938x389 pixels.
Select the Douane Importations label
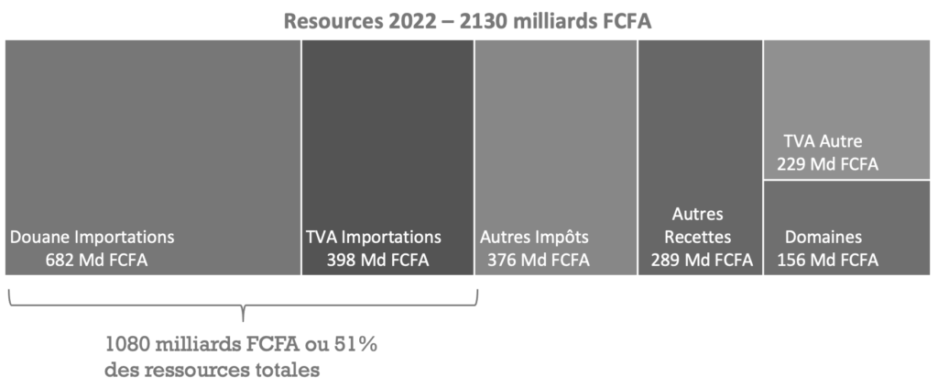click(92, 237)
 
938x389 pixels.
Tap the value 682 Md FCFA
click(96, 260)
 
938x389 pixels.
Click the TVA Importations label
click(374, 237)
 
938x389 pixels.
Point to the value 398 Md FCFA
click(377, 260)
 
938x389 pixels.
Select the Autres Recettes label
click(699, 226)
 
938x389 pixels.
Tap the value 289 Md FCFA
click(702, 260)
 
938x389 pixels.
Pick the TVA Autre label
click(823, 141)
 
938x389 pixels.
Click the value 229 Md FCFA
click(827, 164)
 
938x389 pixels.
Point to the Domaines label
click(823, 237)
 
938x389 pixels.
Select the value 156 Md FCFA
click(827, 260)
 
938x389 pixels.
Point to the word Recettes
click(699, 237)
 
